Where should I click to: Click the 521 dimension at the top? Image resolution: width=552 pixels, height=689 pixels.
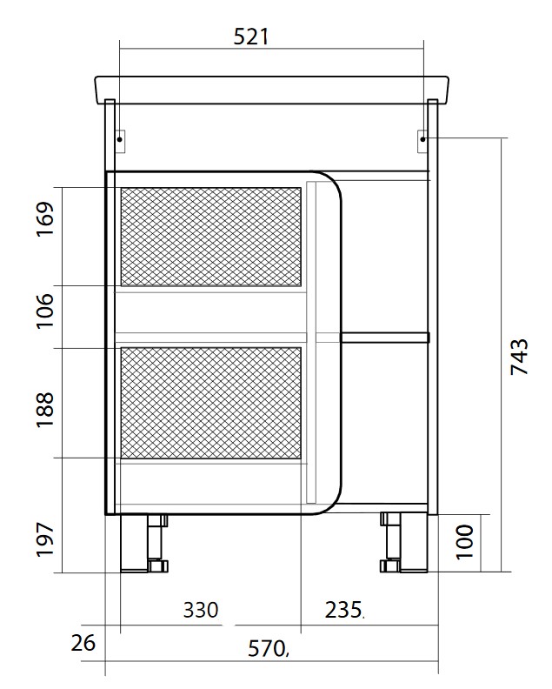252,37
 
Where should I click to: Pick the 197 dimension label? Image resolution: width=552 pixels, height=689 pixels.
46,539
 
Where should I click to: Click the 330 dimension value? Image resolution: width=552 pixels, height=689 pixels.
201,610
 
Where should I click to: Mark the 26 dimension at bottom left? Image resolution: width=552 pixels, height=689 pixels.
83,644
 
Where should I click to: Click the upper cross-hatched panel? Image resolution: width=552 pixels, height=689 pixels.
209,236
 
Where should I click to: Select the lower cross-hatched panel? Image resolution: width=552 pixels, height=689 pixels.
209,402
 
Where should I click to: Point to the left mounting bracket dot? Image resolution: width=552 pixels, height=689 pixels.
120,138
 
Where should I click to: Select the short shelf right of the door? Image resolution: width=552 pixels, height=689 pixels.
385,337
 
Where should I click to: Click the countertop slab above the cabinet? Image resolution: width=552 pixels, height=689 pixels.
271,88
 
